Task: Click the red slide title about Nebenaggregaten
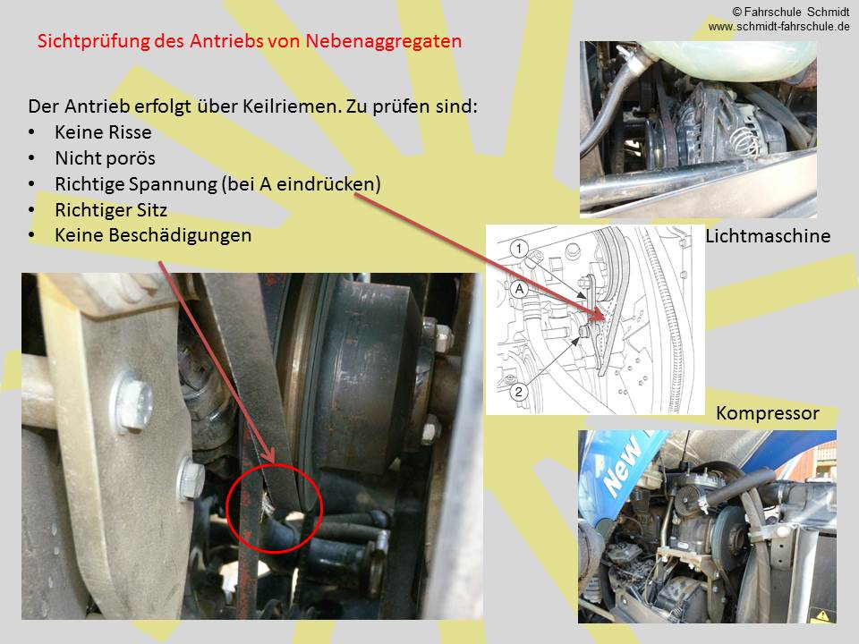(250, 41)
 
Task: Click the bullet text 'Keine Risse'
(103, 132)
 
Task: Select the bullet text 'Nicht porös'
(106, 158)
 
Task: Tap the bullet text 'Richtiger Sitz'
(111, 209)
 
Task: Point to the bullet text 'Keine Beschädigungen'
(153, 235)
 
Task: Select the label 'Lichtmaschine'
(768, 236)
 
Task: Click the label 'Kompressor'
(768, 413)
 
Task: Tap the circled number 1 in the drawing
(519, 249)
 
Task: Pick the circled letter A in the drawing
(519, 289)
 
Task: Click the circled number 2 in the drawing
(518, 392)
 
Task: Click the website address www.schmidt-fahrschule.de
(778, 26)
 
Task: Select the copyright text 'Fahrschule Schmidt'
(796, 12)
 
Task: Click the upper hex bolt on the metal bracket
(132, 402)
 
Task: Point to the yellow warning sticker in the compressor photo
(822, 616)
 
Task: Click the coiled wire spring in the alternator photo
(745, 139)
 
